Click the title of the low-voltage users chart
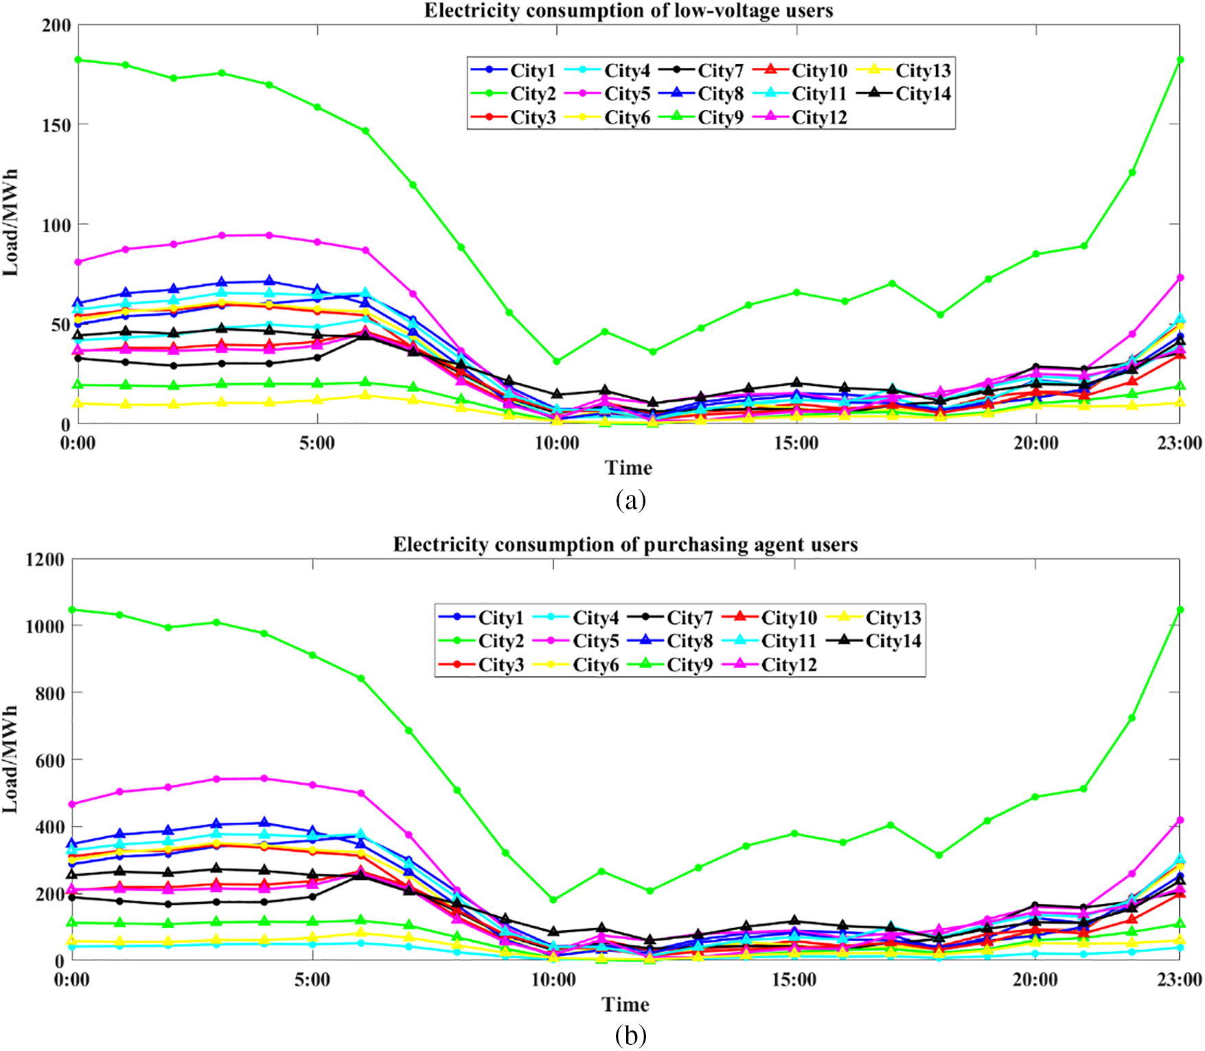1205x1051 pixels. [x=628, y=11]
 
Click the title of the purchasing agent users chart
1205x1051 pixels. [x=625, y=545]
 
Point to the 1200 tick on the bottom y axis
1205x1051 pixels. [x=45, y=559]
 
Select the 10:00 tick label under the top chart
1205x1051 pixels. [x=557, y=443]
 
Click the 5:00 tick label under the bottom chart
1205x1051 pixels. [x=312, y=980]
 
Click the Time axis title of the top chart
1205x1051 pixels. [x=628, y=468]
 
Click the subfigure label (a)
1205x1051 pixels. [x=631, y=500]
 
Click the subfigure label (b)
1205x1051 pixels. [x=631, y=1035]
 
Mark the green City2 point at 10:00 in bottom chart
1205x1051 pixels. [x=553, y=899]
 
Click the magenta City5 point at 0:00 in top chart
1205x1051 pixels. [x=78, y=262]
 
